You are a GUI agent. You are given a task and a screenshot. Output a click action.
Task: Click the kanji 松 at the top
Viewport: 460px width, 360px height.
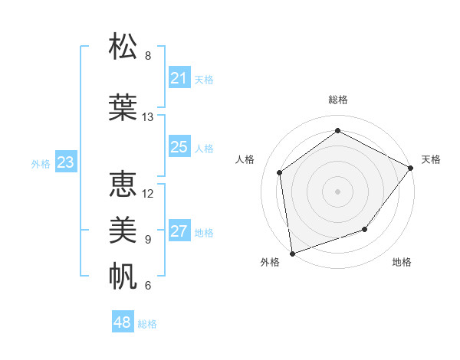pos(123,47)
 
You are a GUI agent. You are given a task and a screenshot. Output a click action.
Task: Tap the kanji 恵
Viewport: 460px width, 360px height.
pos(123,185)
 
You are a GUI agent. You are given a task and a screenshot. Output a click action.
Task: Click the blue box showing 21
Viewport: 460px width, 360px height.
pos(179,78)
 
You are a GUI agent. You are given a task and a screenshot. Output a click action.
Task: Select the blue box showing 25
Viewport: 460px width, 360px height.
pos(179,147)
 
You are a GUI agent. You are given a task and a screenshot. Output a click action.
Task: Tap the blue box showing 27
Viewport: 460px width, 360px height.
pos(179,232)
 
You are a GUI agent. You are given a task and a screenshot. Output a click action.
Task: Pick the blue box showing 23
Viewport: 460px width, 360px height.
pos(65,162)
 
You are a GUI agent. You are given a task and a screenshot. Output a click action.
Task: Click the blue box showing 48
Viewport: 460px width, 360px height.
pos(123,322)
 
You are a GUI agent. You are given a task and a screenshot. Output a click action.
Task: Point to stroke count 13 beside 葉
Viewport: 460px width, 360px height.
pos(148,117)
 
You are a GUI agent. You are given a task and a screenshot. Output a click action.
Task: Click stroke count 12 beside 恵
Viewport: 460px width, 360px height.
pos(148,193)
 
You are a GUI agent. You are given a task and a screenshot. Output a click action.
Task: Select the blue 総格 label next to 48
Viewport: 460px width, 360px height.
pos(147,324)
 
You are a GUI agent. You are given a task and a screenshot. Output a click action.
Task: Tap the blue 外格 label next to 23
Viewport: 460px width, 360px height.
pos(41,163)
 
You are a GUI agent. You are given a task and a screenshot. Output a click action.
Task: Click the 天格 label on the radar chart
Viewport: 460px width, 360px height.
pos(431,159)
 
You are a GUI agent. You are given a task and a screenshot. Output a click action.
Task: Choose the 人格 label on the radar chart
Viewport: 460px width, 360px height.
pos(245,159)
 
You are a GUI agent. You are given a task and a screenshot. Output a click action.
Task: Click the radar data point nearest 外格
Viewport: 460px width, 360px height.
pos(292,253)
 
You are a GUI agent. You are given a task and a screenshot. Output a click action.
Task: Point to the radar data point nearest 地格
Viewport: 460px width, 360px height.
pos(365,229)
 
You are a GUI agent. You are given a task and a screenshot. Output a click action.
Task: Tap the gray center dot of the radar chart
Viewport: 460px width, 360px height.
pos(337,191)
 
